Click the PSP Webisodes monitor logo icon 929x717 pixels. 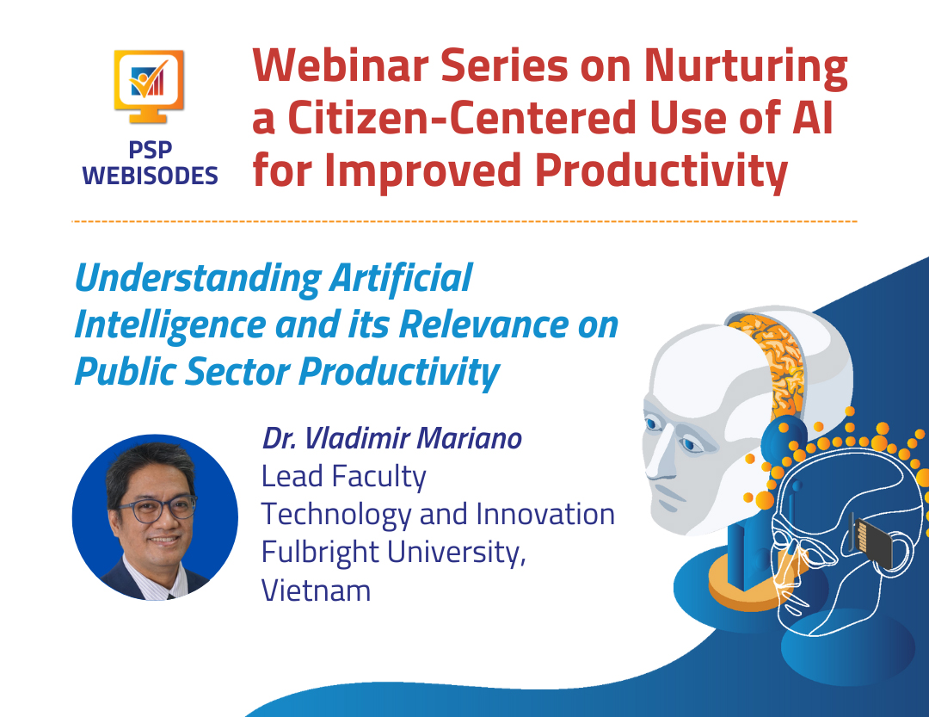pos(149,87)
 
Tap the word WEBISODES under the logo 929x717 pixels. pos(150,176)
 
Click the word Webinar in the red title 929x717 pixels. pos(340,65)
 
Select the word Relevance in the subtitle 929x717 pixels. pos(483,325)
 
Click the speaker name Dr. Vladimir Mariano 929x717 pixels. pos(392,438)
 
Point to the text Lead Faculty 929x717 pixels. pos(343,478)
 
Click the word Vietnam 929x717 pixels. pos(317,590)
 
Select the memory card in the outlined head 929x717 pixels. pos(873,542)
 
